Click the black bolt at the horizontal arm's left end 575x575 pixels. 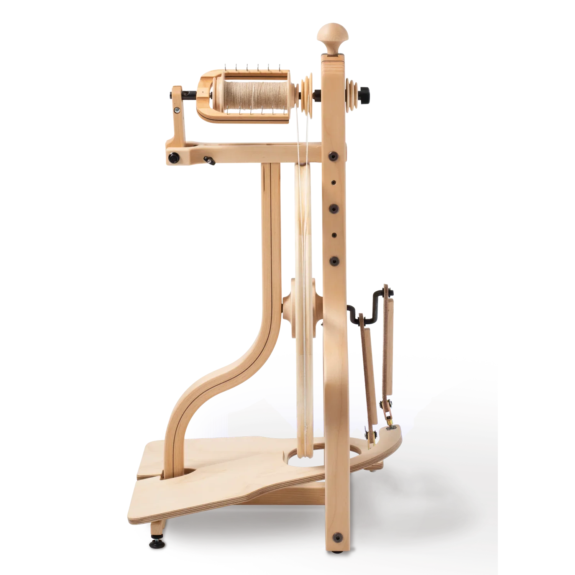174,158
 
